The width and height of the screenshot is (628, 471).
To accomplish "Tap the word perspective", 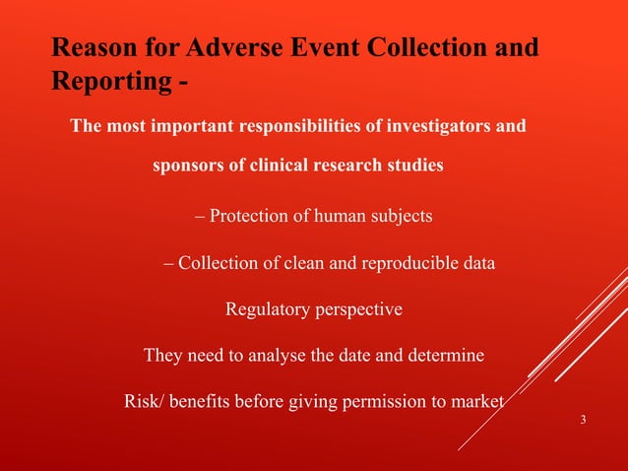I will tap(354, 309).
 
